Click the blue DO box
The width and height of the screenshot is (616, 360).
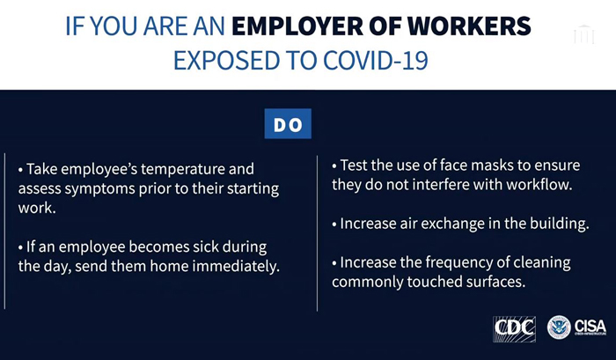click(x=288, y=124)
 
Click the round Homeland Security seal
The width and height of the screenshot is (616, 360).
click(x=559, y=327)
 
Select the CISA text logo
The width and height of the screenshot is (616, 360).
click(x=590, y=327)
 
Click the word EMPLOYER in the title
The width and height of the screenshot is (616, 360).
click(x=297, y=26)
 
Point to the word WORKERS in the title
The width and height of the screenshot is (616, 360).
click(x=469, y=26)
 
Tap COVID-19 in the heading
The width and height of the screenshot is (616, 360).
click(x=376, y=61)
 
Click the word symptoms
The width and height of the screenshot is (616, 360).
click(x=99, y=189)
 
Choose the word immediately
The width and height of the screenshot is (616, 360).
click(x=236, y=267)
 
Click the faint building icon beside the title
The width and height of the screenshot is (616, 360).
click(x=583, y=34)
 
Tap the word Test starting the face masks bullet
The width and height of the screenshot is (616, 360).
click(x=354, y=165)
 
